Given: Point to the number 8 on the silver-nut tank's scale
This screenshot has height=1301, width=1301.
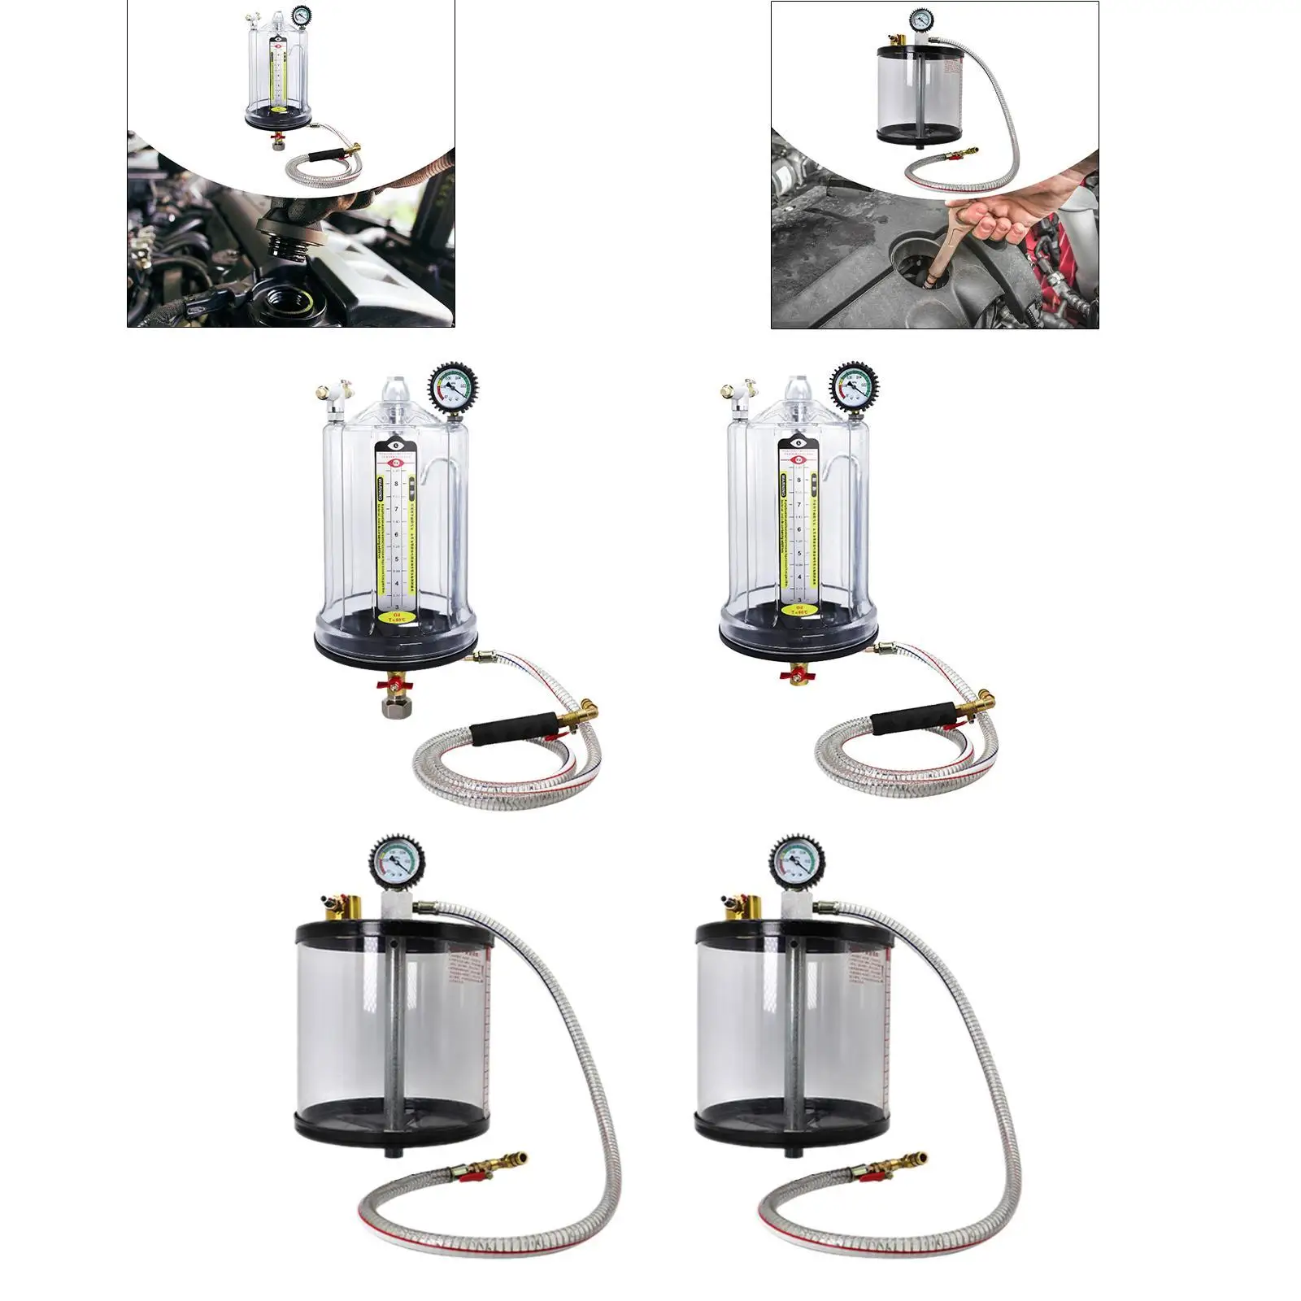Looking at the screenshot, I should [x=396, y=483].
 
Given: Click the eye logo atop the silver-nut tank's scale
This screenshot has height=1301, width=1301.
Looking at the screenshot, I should [x=395, y=444].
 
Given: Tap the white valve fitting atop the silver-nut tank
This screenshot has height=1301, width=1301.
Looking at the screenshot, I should [x=335, y=389].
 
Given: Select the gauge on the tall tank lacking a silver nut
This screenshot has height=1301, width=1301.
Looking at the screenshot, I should [x=849, y=380].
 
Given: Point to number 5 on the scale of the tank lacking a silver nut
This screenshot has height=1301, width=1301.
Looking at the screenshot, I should [x=799, y=554].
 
